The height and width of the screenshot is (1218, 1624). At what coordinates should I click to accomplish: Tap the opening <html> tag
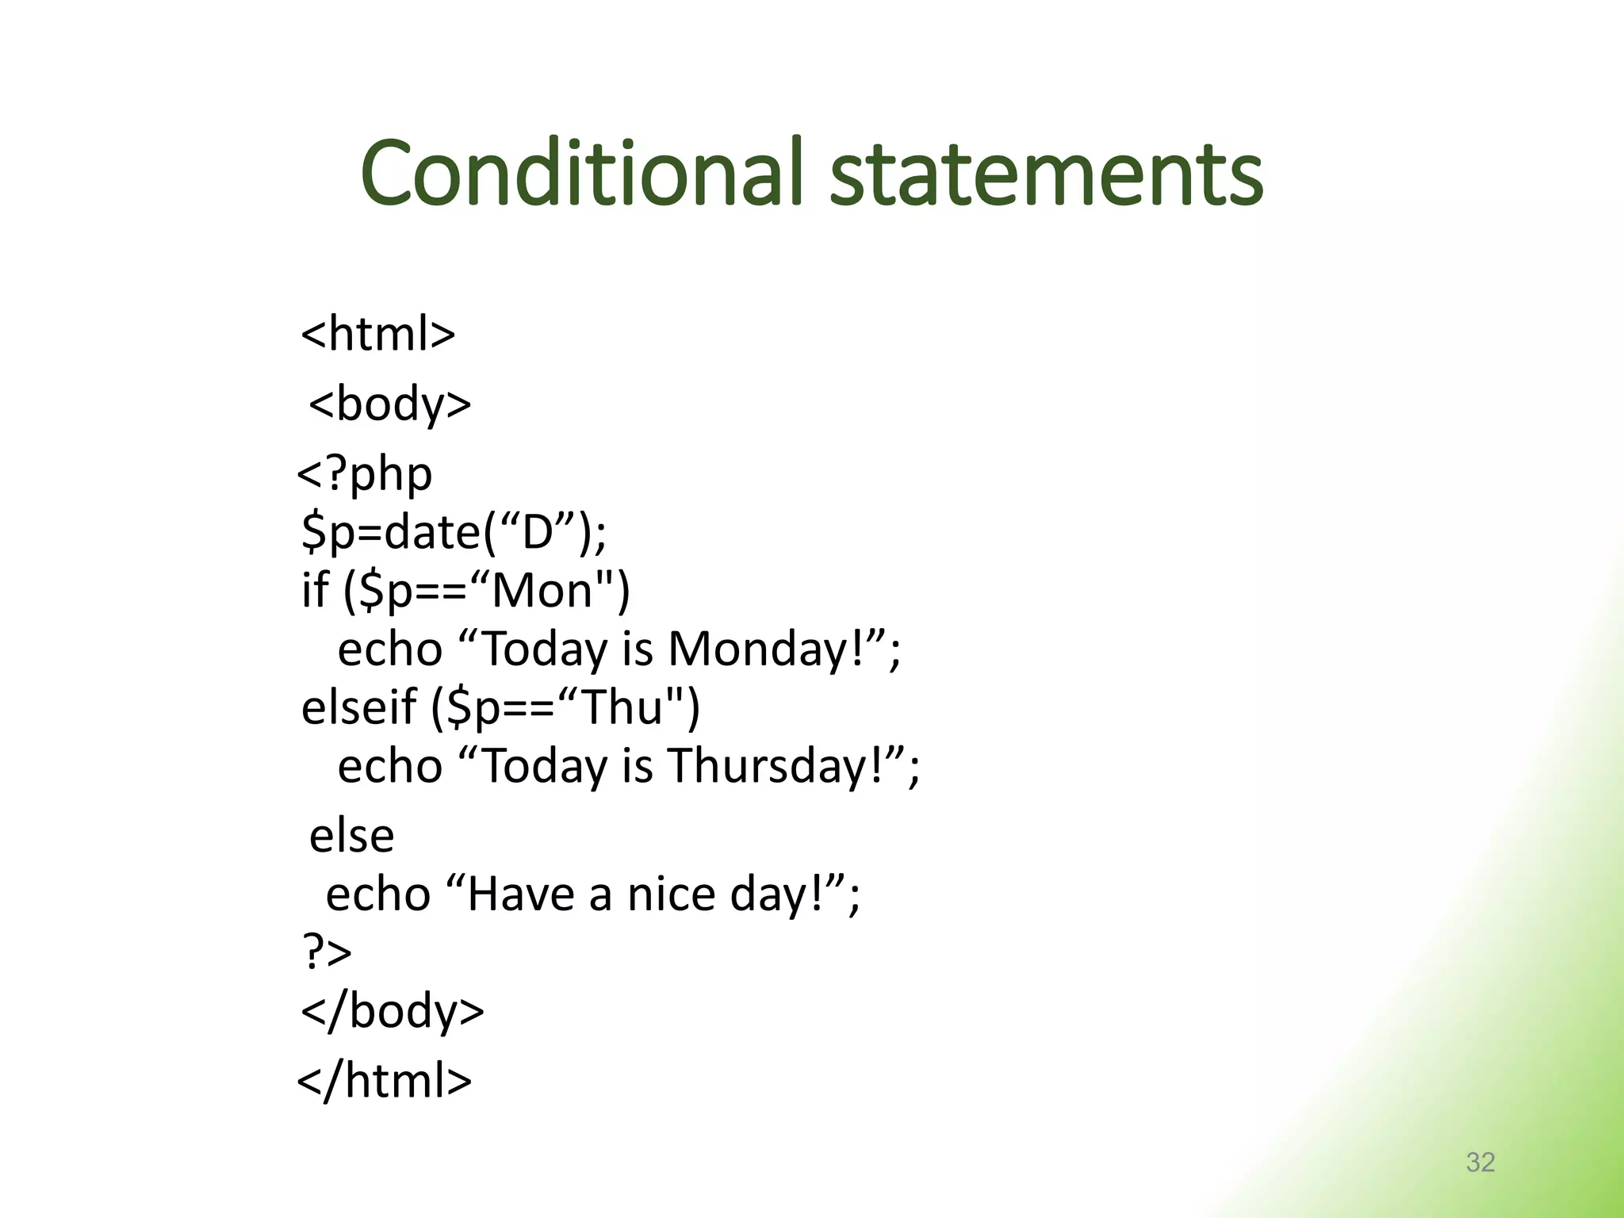[x=378, y=334]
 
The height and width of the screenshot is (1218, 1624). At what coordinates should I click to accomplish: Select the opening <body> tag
[x=389, y=404]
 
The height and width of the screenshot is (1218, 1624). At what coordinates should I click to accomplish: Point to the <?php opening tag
[x=365, y=474]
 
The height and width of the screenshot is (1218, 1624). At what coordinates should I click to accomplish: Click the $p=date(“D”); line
[x=454, y=532]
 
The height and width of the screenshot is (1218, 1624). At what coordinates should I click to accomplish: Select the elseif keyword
[x=358, y=707]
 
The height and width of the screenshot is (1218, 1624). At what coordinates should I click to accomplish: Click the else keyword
[x=351, y=836]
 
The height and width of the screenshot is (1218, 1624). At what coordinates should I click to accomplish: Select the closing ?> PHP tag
[x=327, y=952]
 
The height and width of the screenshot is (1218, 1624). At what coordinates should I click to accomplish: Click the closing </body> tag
[x=393, y=1012]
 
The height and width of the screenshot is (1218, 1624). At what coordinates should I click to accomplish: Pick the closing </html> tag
[x=385, y=1081]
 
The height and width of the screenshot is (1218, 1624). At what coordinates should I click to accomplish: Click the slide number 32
[x=1480, y=1162]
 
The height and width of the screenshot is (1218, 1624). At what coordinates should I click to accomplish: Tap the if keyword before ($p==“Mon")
[x=314, y=591]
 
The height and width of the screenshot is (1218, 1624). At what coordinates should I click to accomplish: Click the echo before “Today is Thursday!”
[x=389, y=766]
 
